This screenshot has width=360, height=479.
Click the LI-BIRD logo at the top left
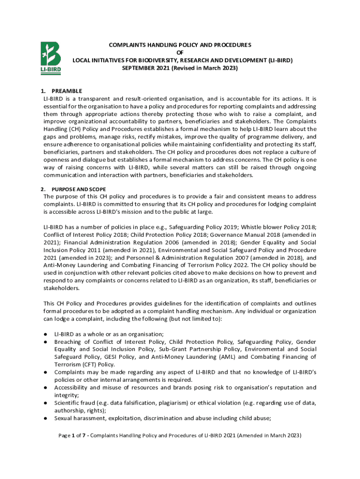pyautogui.click(x=50, y=58)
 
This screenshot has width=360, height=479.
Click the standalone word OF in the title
pyautogui.click(x=180, y=53)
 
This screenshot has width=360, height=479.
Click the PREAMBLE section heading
pyautogui.click(x=67, y=91)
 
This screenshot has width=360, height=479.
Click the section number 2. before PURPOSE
pyautogui.click(x=43, y=189)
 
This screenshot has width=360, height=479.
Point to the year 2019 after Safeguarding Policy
pyautogui.click(x=229, y=227)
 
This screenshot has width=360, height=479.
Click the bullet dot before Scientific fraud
pyautogui.click(x=46, y=403)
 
